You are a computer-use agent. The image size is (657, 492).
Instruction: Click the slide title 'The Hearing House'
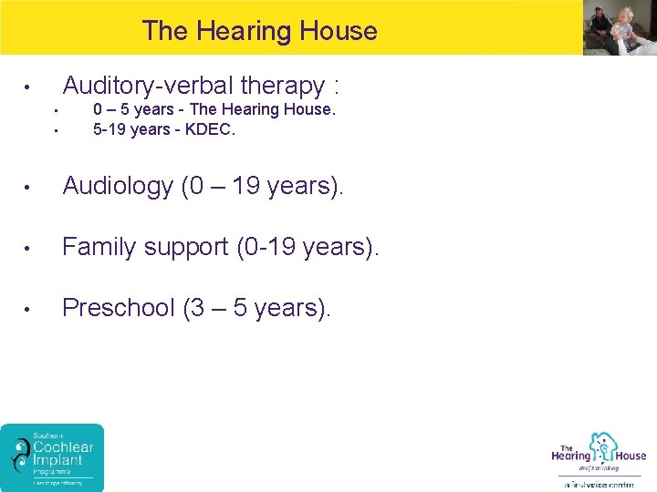[x=259, y=31]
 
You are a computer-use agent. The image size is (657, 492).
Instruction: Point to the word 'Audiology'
[x=118, y=186]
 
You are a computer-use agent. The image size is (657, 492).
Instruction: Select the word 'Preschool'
[x=119, y=308]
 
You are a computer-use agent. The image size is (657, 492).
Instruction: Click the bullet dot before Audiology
[x=29, y=187]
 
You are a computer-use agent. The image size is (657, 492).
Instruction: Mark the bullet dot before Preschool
[x=29, y=309]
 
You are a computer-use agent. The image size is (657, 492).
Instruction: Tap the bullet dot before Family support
[x=29, y=248]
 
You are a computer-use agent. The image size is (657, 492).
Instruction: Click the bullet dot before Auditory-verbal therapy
[x=29, y=88]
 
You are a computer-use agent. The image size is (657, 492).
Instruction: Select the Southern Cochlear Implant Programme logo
[x=52, y=457]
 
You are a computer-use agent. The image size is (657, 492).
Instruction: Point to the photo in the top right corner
[x=619, y=27]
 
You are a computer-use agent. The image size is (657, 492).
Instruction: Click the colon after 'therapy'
[x=337, y=87]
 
